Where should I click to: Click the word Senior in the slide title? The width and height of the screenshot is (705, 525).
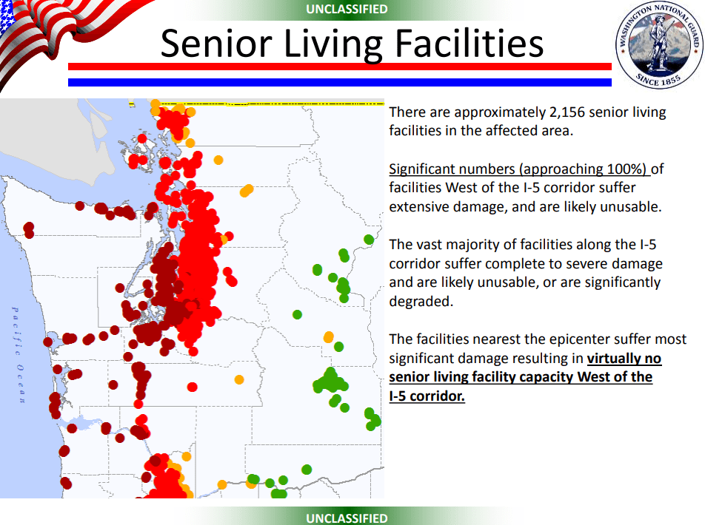click(x=216, y=44)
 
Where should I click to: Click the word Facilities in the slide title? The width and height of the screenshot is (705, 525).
click(x=470, y=44)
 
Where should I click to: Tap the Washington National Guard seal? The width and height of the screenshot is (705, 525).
click(x=659, y=44)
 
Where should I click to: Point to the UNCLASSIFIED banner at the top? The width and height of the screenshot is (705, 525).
click(x=347, y=9)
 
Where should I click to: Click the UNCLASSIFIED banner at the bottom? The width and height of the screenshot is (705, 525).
click(x=347, y=518)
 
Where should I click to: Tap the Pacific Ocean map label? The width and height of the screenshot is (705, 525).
click(x=18, y=355)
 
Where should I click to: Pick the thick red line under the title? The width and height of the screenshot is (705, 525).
click(x=340, y=67)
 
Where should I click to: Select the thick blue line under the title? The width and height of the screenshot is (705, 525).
click(x=340, y=82)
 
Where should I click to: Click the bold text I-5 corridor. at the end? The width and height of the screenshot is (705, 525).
click(x=427, y=396)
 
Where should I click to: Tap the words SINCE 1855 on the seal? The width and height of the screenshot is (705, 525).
click(x=658, y=79)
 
